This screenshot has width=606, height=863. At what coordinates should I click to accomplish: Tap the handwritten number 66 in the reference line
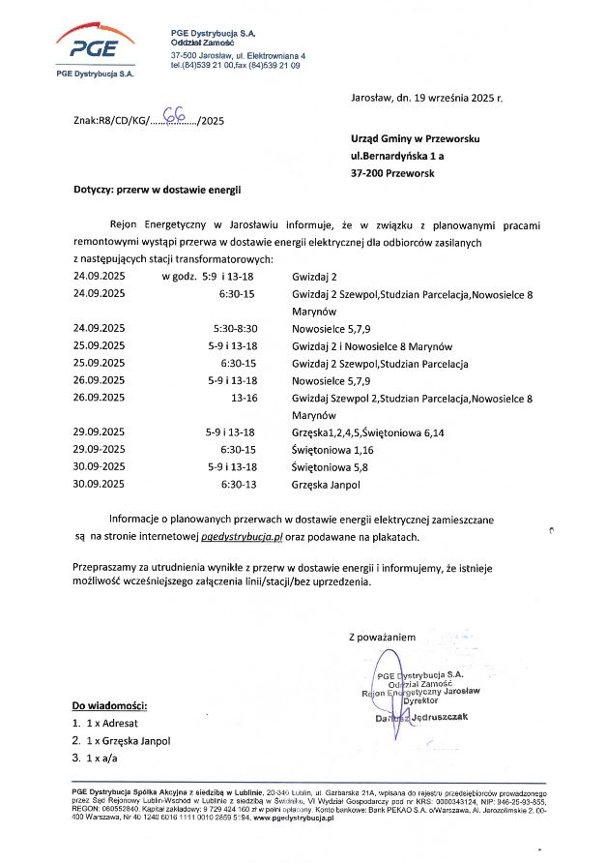(x=177, y=117)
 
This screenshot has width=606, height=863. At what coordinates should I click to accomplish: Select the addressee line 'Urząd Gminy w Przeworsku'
(x=416, y=138)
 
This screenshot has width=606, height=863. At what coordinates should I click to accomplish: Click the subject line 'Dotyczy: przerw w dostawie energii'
(x=157, y=191)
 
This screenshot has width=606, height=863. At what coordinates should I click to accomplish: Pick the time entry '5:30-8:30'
(x=235, y=329)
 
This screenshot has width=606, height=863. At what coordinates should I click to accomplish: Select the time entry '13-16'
(x=242, y=398)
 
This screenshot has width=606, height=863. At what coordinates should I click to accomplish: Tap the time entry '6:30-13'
(x=238, y=483)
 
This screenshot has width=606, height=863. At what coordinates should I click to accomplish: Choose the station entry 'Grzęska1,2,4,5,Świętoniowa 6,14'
(x=368, y=431)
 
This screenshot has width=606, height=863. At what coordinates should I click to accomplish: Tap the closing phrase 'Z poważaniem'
(x=382, y=637)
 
